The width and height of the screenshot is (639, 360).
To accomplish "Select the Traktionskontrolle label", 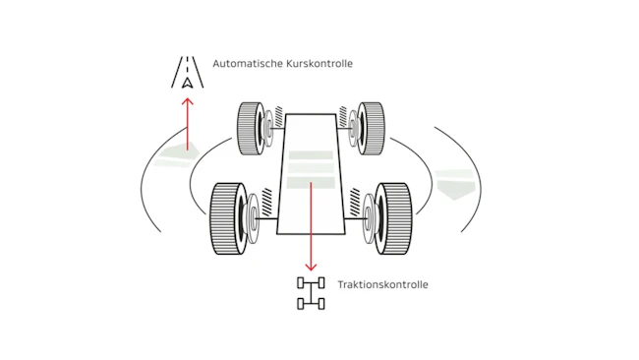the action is pos(382,284).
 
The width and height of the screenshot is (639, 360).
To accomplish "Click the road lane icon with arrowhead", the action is pos(187,72).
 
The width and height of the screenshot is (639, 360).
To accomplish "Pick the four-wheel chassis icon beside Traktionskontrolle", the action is pos(311,293).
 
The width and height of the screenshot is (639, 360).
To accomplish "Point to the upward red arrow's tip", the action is pos(188,98).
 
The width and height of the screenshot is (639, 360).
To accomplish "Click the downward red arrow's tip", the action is pos(311,270).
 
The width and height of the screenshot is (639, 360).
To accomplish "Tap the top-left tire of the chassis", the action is pos(251,129).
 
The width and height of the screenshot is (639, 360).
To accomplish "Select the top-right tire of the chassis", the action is pos(371,129).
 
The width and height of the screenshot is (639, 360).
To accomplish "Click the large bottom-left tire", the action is pos(228,218).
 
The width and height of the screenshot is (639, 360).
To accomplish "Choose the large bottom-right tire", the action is pos(393,218).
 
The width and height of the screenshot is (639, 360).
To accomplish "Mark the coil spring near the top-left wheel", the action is pos(279,117).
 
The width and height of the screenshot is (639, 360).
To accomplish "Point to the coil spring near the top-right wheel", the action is pos(343,117).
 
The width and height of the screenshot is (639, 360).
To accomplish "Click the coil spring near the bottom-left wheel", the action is pos(267,202).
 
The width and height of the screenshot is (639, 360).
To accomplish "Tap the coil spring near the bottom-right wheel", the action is pos(355,202).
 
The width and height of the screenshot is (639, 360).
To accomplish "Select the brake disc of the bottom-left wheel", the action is pos(253,219).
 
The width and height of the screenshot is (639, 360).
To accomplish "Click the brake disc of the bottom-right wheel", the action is pos(369,219).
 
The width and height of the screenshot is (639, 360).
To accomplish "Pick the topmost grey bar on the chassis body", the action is pos(311,155).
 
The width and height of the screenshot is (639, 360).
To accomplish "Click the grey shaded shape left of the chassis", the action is pos(179,155).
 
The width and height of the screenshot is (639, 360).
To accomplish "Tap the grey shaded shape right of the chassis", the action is pos(455,184).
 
